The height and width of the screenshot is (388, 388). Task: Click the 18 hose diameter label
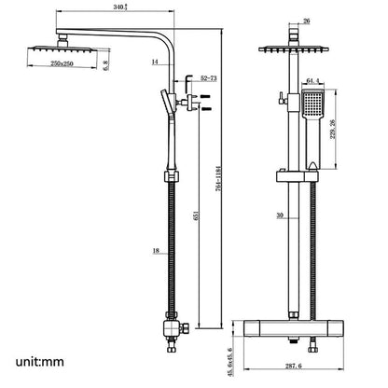pos(154,250)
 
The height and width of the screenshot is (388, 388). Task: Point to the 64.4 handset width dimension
pos(314,81)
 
